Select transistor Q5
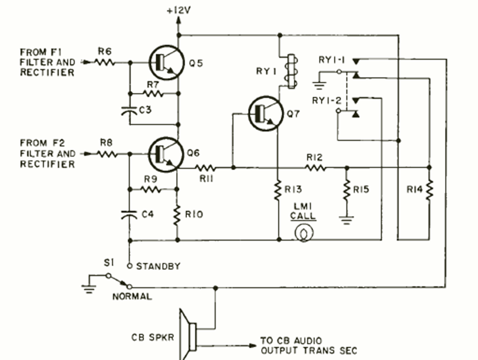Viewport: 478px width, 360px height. click(163, 63)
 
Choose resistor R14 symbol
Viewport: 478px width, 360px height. click(429, 190)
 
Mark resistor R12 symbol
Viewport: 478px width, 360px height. click(314, 168)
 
